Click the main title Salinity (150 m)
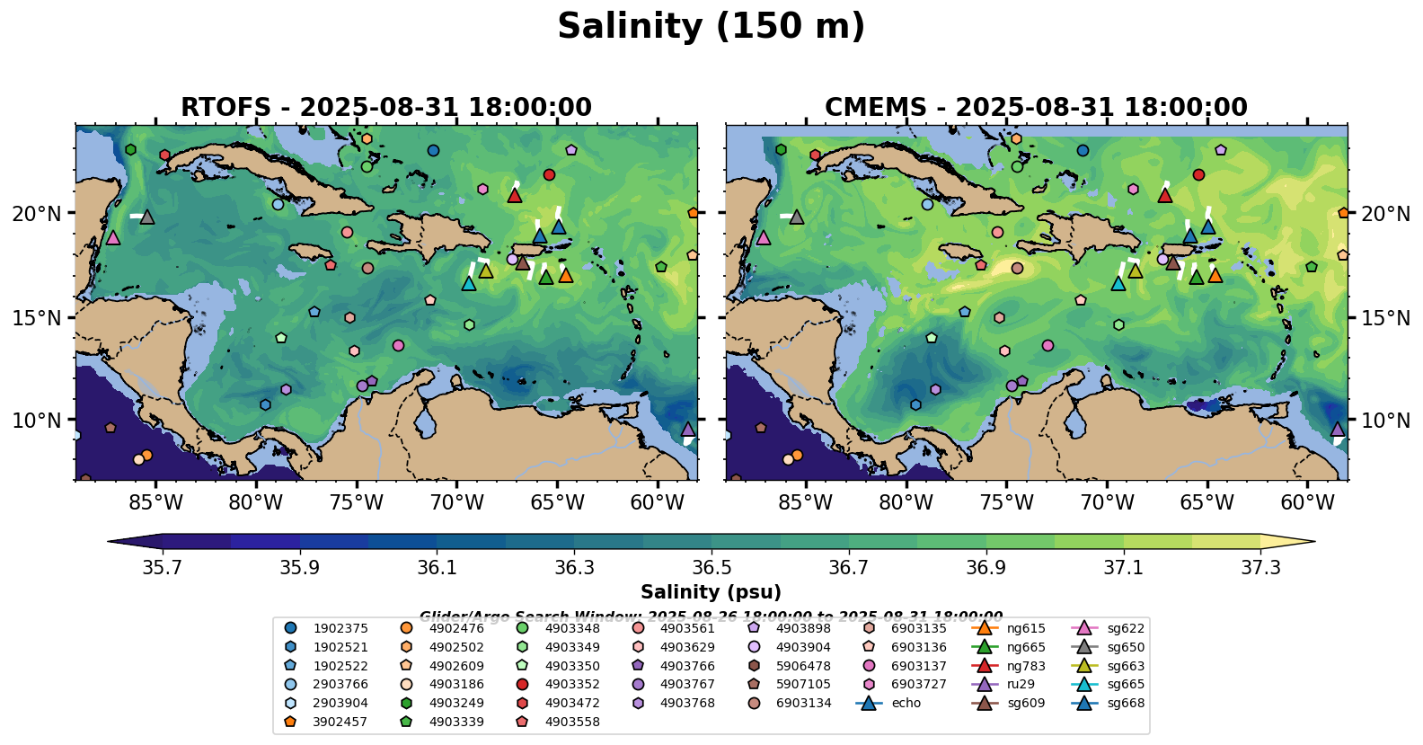tap(711, 27)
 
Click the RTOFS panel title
tap(386, 108)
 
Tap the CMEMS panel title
tap(1036, 108)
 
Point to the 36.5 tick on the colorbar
tap(711, 568)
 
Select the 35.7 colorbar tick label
tap(163, 568)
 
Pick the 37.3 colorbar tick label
tap(1260, 568)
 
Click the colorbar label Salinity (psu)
tap(711, 592)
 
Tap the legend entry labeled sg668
tap(1126, 703)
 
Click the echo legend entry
tap(906, 703)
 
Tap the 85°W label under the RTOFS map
tap(155, 503)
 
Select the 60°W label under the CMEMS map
tap(1307, 503)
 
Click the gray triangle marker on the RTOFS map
tap(147, 217)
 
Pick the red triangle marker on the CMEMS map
tap(1165, 195)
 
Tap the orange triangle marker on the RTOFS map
tap(565, 275)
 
